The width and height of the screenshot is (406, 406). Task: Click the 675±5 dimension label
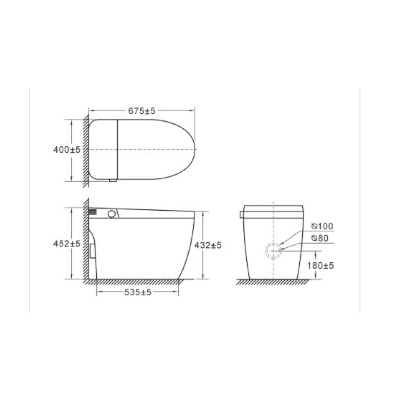tap(142, 111)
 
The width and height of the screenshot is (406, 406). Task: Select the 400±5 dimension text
tap(67, 150)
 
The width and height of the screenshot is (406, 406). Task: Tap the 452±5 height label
tap(67, 244)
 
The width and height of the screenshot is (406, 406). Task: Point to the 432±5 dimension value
tap(208, 245)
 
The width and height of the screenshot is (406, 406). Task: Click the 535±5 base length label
tap(138, 292)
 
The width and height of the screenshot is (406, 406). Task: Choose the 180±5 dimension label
tap(321, 266)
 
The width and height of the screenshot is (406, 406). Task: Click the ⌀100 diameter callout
tap(322, 226)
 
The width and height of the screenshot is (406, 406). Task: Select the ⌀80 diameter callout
tap(320, 238)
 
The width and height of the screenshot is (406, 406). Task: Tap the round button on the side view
tap(112, 214)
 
